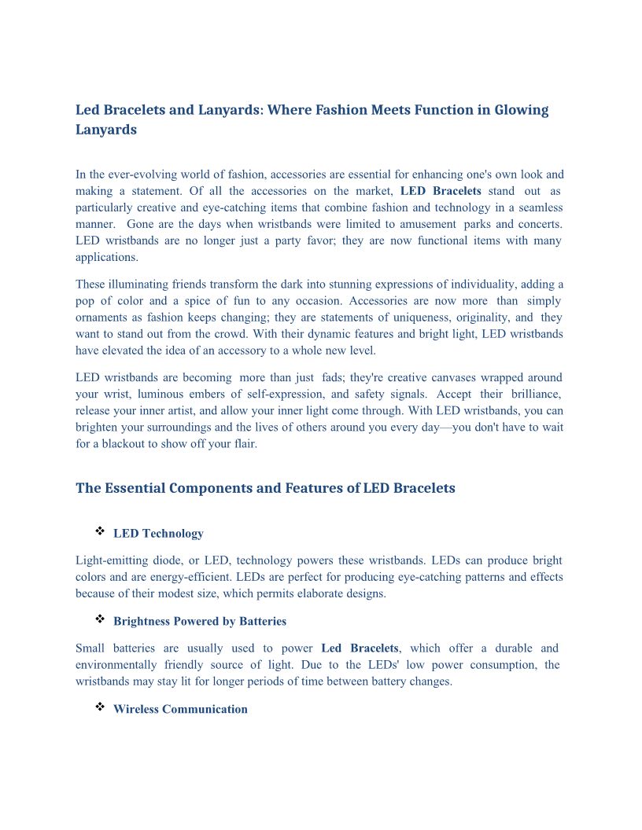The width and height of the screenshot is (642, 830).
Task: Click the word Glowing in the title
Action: click(521, 110)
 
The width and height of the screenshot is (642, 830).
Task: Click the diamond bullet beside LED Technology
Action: click(100, 532)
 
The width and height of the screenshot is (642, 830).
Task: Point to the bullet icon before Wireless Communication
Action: click(100, 707)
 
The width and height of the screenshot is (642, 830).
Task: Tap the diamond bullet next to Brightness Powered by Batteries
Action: click(100, 619)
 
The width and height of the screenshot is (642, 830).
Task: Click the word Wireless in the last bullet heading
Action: click(137, 710)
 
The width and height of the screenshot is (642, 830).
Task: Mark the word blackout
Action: click(126, 444)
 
